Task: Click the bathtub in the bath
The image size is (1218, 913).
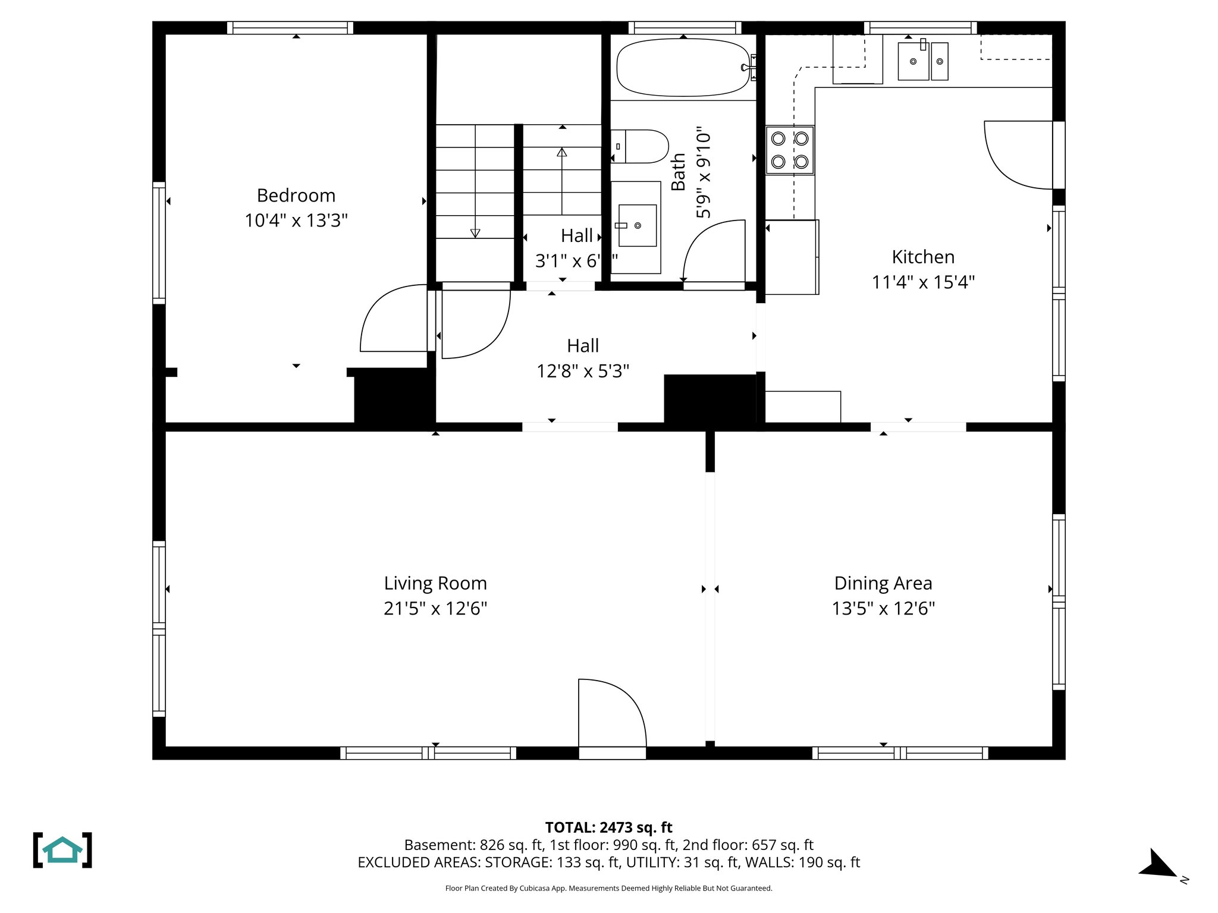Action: (683, 68)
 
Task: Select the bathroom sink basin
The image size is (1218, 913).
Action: (638, 225)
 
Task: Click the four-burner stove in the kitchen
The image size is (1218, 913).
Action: (789, 150)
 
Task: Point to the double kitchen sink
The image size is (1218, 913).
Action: (922, 61)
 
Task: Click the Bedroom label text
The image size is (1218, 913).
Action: (296, 196)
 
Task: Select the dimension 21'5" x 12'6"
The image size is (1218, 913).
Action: (435, 609)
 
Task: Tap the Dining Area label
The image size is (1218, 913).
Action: (883, 584)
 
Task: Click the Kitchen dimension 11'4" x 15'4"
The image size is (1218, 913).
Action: (923, 282)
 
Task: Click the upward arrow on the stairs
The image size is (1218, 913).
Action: (562, 178)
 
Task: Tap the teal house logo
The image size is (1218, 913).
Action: (62, 850)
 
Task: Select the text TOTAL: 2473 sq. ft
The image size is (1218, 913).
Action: (608, 827)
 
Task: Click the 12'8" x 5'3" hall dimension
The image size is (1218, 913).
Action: (583, 372)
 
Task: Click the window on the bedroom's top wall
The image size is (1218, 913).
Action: (290, 28)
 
